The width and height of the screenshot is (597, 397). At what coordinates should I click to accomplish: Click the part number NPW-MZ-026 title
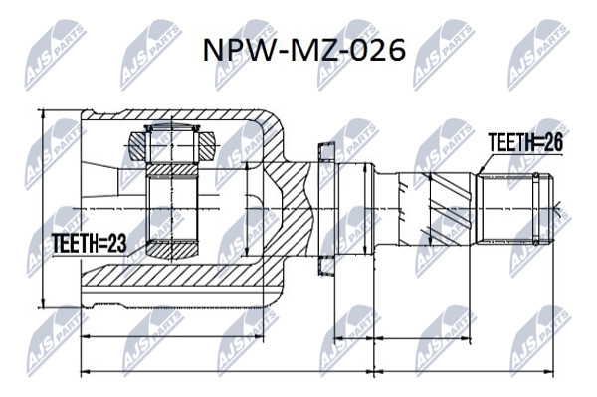coord(304,50)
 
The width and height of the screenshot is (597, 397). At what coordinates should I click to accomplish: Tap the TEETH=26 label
coord(525,143)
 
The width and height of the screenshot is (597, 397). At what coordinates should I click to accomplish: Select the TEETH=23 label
coord(90,243)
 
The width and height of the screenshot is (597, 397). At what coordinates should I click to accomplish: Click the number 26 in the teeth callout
coord(553,143)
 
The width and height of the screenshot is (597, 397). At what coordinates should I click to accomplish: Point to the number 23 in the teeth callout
coord(116,243)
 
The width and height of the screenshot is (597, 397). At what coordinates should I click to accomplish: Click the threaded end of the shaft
coord(514,209)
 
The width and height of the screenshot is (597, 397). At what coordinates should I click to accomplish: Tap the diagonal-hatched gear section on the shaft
coord(450,209)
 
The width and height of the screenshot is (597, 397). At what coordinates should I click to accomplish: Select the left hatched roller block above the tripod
coord(137,147)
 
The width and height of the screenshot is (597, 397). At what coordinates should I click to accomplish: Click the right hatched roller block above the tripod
coord(208,147)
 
